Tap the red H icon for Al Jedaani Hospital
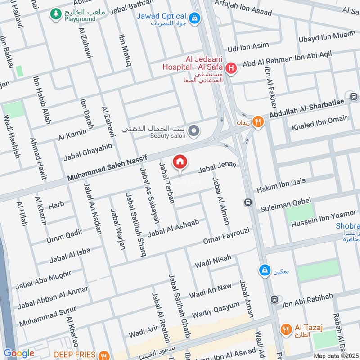click(x=231, y=68)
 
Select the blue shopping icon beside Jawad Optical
click(x=194, y=18)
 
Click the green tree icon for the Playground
click(x=56, y=14)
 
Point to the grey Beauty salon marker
click(x=194, y=131)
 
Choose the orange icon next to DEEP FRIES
click(x=103, y=355)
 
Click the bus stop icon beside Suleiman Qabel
click(x=247, y=202)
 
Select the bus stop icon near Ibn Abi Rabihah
click(x=274, y=299)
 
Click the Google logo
click(x=19, y=353)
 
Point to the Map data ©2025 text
click(x=335, y=355)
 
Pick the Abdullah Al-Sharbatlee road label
click(x=306, y=109)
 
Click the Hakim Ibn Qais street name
click(x=281, y=185)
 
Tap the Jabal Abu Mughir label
click(x=43, y=280)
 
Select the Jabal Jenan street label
click(x=217, y=168)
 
